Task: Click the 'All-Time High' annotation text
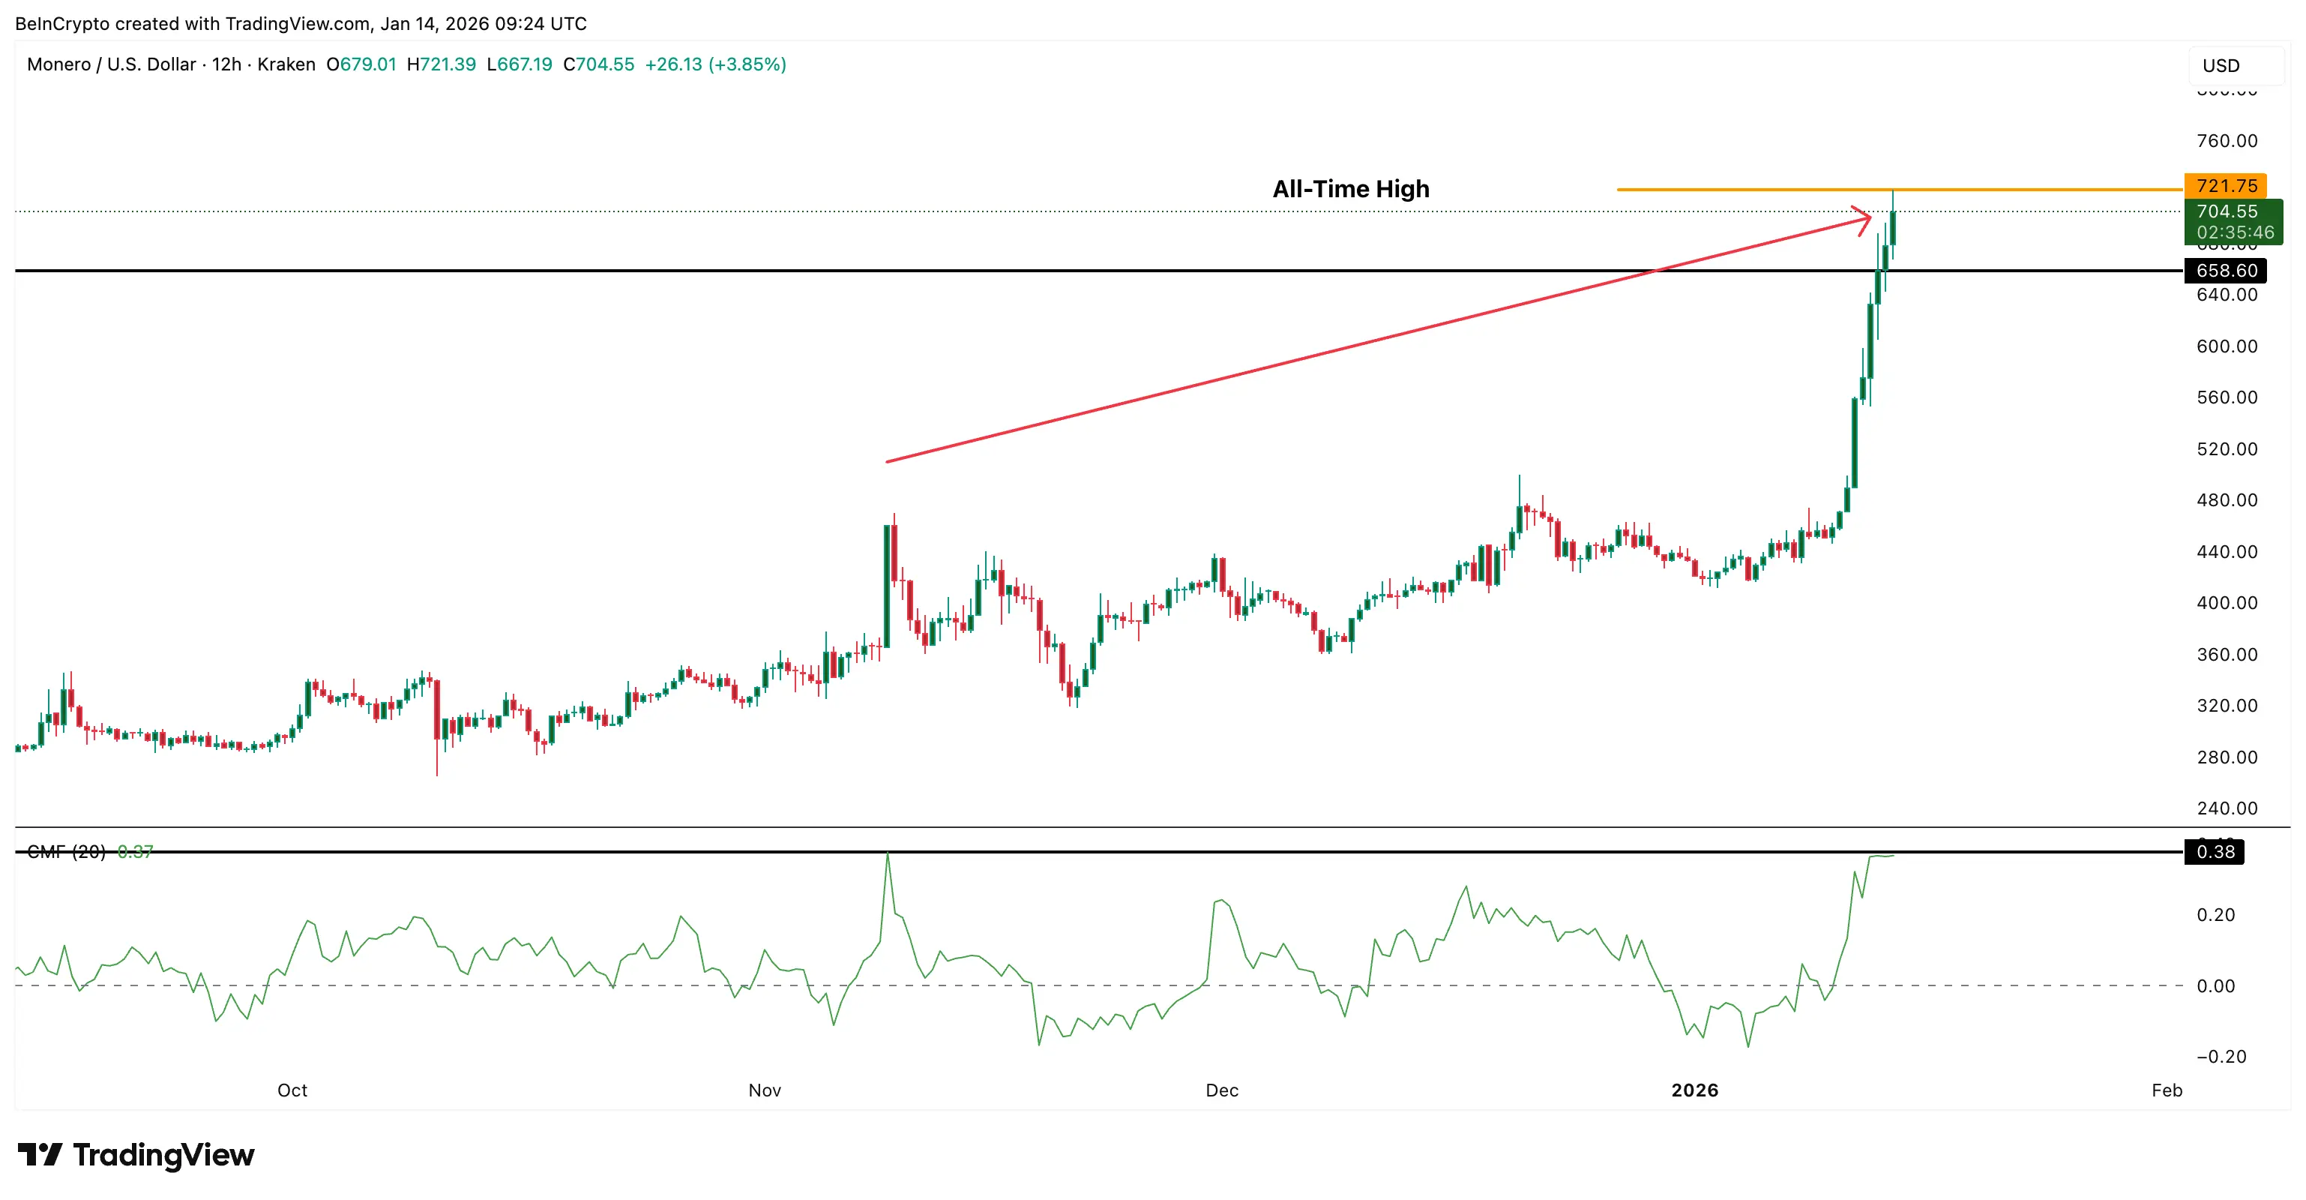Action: click(x=1350, y=189)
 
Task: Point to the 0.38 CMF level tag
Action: click(x=2215, y=852)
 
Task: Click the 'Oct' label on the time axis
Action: click(x=292, y=1090)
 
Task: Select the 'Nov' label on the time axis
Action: click(x=765, y=1090)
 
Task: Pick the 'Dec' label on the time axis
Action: click(x=1221, y=1090)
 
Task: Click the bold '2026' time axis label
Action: click(x=1694, y=1090)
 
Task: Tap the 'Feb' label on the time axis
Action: click(x=2167, y=1090)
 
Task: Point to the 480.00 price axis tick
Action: click(x=2227, y=499)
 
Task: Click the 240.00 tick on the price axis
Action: click(x=2227, y=808)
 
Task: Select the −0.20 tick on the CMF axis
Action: click(x=2221, y=1056)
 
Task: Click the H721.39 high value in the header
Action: click(x=442, y=64)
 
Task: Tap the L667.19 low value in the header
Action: click(x=520, y=64)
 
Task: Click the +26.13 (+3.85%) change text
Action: click(x=715, y=64)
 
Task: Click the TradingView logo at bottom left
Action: click(x=136, y=1154)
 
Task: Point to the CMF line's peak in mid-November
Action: click(x=887, y=853)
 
